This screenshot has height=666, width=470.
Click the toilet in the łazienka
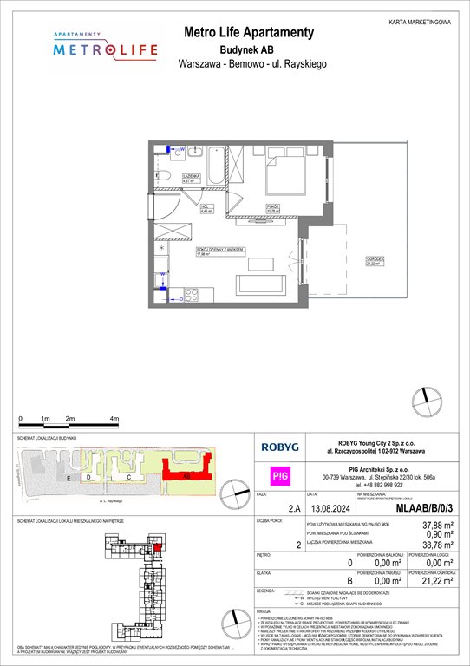tap(164, 177)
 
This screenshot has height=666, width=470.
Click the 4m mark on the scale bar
tap(114, 418)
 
